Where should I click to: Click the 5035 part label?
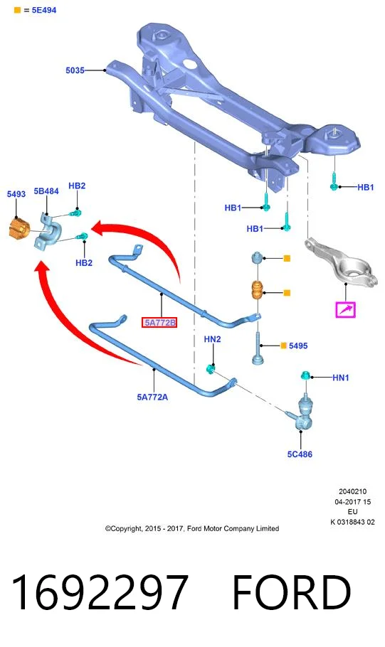point(75,70)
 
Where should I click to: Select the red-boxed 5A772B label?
point(159,323)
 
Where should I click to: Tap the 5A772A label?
point(152,397)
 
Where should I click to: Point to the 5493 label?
point(16,193)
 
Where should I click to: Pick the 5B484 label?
point(46,191)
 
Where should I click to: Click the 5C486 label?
point(300,454)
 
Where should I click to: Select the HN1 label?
point(341,377)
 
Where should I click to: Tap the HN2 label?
point(212,338)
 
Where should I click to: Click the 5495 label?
point(298,346)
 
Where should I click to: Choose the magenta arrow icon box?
point(345,309)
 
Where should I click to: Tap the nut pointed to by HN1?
point(305,375)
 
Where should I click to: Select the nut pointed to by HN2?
point(211,368)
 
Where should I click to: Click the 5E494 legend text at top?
point(44,10)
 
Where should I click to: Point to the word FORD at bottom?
point(292,592)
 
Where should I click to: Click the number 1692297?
point(100,592)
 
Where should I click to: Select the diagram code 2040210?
point(352,491)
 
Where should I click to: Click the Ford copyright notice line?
point(192,528)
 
